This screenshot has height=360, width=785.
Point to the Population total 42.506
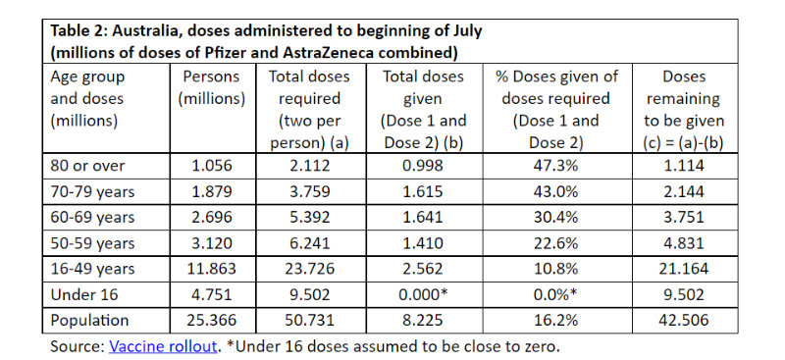tap(685, 320)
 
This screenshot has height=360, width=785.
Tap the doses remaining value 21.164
tap(685, 269)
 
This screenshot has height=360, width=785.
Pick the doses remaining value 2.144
tap(685, 192)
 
